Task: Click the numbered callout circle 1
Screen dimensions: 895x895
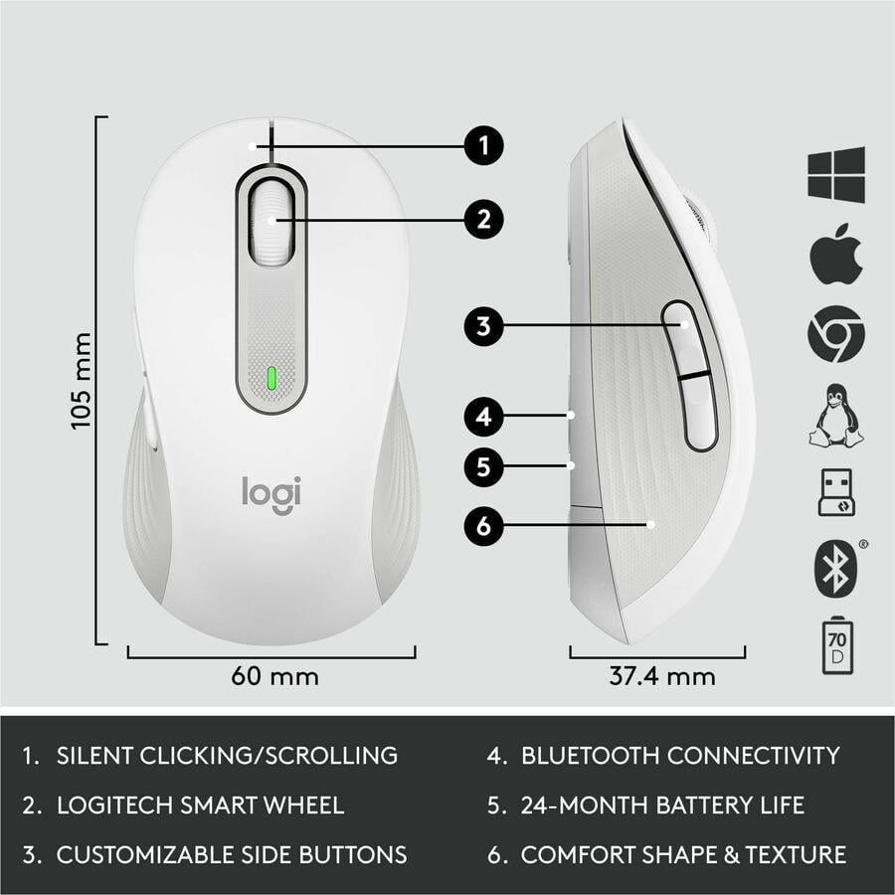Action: [483, 147]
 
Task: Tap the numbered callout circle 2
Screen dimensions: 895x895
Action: [483, 219]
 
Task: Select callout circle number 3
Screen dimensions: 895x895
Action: [483, 326]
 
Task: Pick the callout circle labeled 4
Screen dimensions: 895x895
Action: [483, 416]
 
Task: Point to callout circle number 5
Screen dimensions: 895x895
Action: [483, 467]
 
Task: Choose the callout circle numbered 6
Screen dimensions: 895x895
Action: [483, 525]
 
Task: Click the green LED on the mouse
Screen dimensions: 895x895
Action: [270, 378]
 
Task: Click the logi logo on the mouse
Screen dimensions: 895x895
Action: [271, 494]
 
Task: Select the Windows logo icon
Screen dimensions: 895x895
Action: [835, 175]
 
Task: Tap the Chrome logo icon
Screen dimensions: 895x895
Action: [835, 334]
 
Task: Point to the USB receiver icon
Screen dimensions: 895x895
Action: [835, 493]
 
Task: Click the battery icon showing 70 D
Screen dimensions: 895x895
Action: [835, 645]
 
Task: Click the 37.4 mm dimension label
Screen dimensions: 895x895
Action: [661, 676]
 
